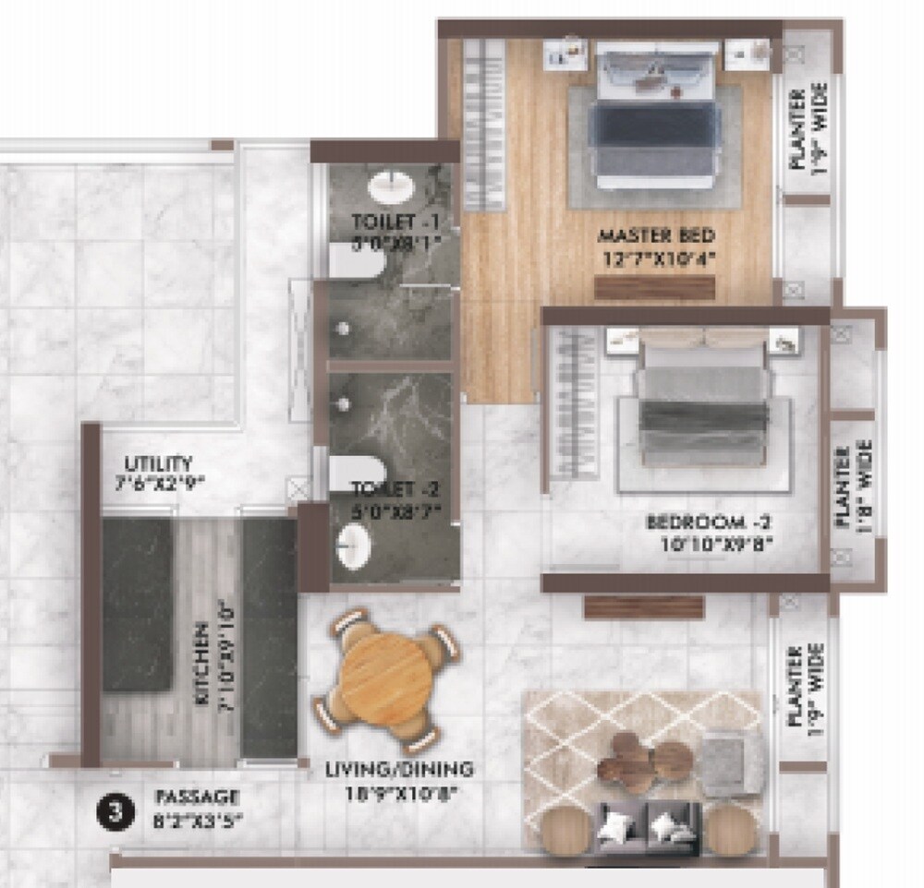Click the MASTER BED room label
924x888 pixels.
click(x=655, y=234)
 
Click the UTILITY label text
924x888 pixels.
click(x=161, y=463)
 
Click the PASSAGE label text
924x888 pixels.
click(x=197, y=797)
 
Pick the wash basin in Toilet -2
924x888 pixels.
click(x=354, y=546)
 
